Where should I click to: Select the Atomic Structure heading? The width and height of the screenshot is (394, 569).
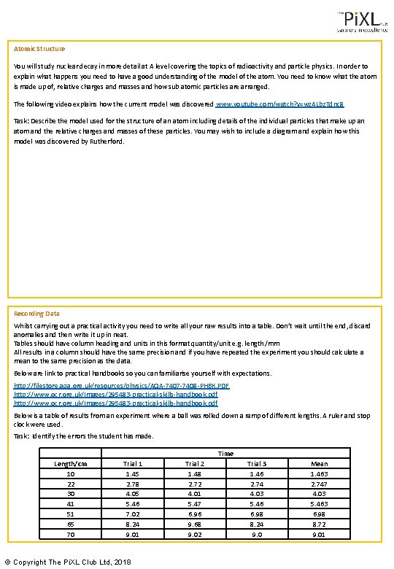39,49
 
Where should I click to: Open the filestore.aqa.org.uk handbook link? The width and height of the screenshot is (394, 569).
121,384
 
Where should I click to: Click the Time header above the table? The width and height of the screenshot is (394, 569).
225,453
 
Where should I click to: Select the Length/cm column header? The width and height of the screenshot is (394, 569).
71,464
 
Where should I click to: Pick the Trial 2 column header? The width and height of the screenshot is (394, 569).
194,464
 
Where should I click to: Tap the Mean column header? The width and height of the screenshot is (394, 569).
319,464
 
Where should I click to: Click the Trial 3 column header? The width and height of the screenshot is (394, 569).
256,464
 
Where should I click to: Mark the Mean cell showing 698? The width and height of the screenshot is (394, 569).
319,514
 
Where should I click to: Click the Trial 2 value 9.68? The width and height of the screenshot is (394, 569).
194,524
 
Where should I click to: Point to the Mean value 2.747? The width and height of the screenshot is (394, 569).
319,484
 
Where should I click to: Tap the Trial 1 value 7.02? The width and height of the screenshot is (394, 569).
133,514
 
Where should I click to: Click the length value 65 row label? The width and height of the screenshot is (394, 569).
71,524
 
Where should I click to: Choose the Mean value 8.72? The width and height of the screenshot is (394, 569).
319,524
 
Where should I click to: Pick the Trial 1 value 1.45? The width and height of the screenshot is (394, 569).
133,473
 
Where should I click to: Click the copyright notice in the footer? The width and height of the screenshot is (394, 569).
67,562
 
